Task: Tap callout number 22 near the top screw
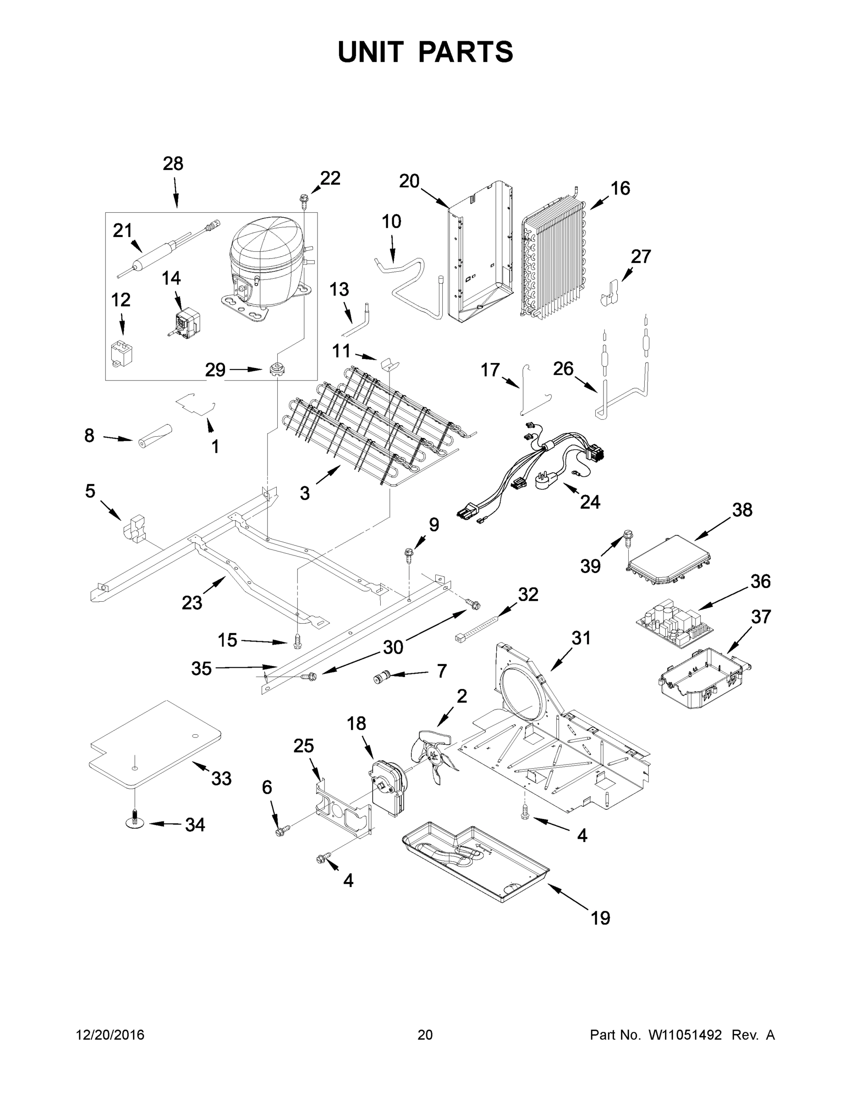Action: pyautogui.click(x=330, y=178)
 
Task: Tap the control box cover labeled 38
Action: pyautogui.click(x=669, y=561)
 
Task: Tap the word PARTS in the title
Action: pyautogui.click(x=465, y=52)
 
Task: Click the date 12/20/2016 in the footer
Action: pyautogui.click(x=110, y=1035)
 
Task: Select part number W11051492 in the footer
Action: pyautogui.click(x=685, y=1035)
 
